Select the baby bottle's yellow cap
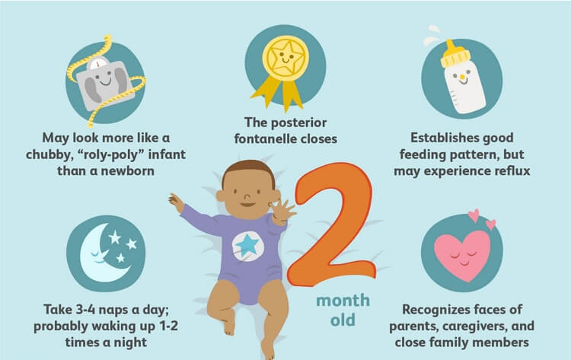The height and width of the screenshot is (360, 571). click(x=455, y=55)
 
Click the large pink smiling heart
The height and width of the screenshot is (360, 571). click(x=462, y=256)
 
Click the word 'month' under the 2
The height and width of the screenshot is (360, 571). click(x=343, y=301)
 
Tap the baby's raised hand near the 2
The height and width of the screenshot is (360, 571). click(x=282, y=211)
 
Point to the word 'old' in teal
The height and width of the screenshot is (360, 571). click(x=343, y=320)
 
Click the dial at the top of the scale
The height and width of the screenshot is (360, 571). click(x=97, y=63)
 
